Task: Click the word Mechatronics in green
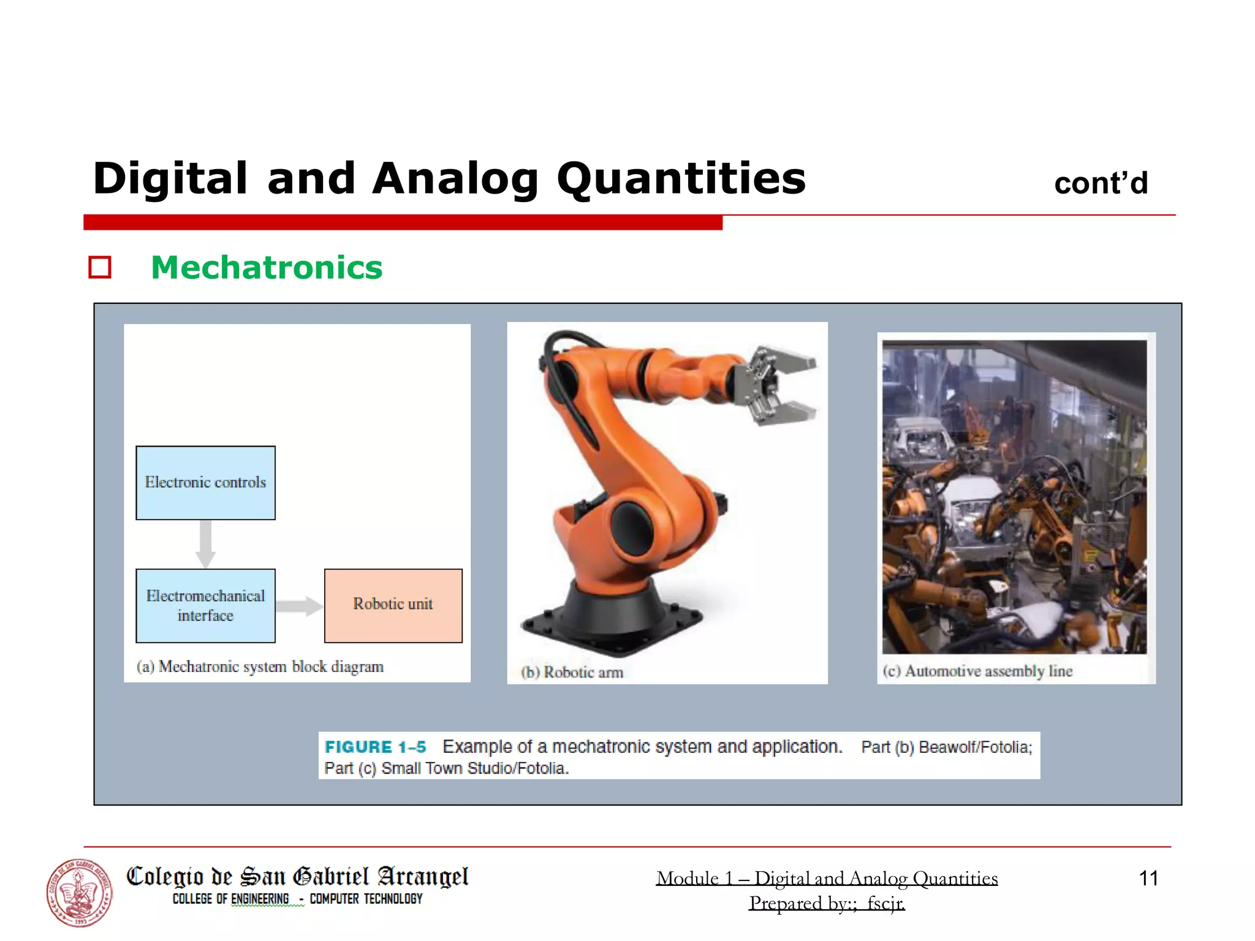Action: click(267, 268)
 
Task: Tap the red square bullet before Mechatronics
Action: click(100, 268)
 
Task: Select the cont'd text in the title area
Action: click(1101, 184)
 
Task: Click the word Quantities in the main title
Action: click(681, 179)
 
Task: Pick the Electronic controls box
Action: click(205, 483)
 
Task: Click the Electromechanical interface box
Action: click(205, 605)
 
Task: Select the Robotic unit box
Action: click(393, 605)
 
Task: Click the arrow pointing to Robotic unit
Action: click(299, 606)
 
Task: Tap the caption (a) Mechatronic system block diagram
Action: click(260, 667)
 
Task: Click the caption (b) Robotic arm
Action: click(572, 672)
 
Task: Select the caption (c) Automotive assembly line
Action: click(977, 671)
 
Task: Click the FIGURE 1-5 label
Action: click(375, 747)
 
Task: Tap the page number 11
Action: click(1148, 879)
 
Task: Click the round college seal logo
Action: click(80, 893)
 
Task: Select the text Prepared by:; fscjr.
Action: click(827, 903)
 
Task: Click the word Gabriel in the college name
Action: click(332, 877)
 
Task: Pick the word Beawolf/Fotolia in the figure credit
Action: click(975, 747)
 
